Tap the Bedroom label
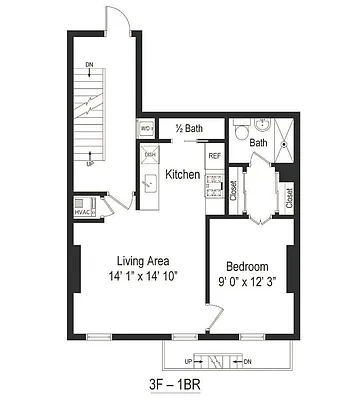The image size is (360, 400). click(x=246, y=267)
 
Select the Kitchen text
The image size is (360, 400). click(x=183, y=175)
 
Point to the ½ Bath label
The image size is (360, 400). click(x=189, y=128)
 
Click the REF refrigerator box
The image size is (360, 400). click(x=214, y=156)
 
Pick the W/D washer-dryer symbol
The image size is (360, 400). click(x=145, y=129)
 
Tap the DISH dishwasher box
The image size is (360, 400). click(x=150, y=154)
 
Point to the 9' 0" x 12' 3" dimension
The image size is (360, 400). click(x=246, y=284)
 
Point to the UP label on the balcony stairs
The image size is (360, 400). click(x=187, y=360)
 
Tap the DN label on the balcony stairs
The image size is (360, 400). click(x=247, y=360)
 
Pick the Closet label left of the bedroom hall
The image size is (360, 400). click(x=232, y=190)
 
